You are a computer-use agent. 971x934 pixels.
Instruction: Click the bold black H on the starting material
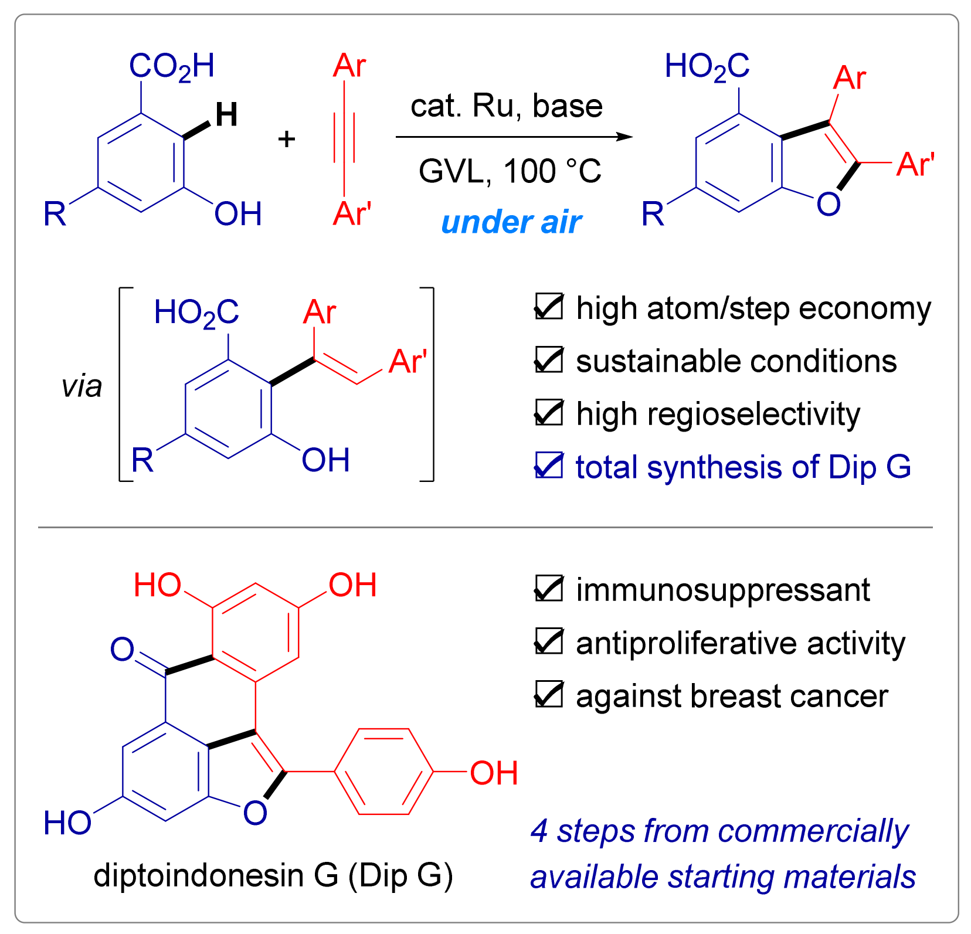226,114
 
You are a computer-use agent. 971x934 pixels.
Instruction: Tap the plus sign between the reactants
287,140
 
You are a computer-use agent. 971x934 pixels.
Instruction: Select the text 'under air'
511,223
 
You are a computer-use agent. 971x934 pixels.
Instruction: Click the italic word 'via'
82,386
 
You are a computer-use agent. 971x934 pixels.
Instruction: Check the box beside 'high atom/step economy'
549,307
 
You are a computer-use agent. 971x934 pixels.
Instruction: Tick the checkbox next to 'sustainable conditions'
549,360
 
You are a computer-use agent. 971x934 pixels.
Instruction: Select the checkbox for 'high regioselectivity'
549,413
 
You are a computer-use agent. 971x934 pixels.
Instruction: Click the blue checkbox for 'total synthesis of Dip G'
549,466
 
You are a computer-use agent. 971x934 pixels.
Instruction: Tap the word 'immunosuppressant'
722,590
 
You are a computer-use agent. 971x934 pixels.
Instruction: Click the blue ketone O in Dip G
123,650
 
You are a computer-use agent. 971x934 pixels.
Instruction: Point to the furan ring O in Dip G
255,813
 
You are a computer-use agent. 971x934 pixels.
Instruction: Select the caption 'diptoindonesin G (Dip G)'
273,876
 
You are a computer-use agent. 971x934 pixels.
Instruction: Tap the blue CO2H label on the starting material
171,66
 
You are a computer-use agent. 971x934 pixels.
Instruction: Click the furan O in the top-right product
829,204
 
